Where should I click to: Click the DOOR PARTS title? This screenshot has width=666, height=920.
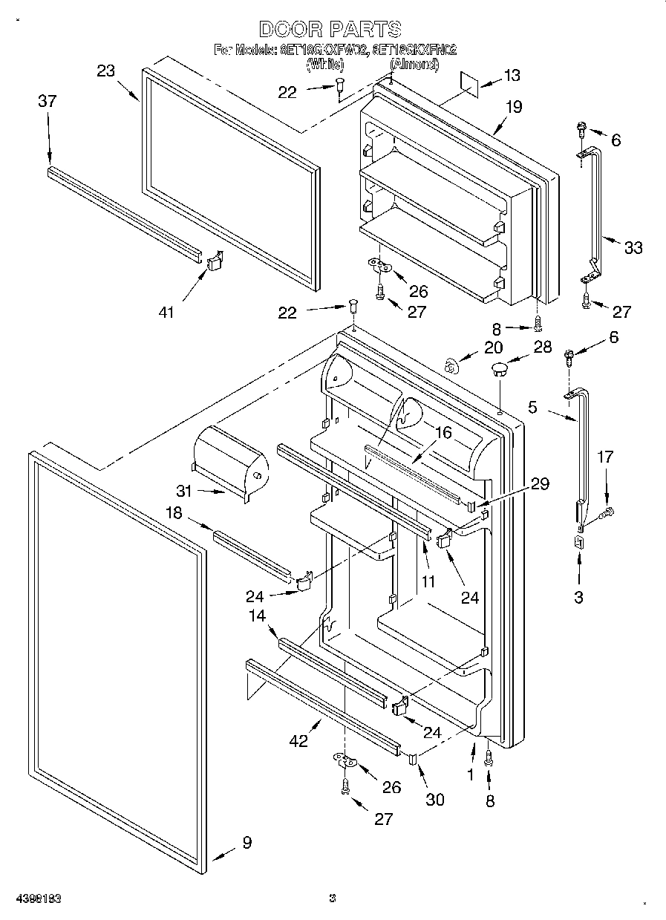point(330,29)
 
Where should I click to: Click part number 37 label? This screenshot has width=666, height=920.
point(47,102)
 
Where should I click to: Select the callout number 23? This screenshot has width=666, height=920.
point(106,71)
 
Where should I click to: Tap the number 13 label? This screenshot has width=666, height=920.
point(512,75)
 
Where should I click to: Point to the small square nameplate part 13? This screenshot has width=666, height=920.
point(469,81)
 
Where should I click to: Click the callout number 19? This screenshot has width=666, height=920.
point(514,107)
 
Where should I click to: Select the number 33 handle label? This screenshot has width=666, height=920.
point(633,248)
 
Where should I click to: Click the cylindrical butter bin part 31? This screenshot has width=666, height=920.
point(229,456)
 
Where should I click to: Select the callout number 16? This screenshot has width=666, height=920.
point(443,434)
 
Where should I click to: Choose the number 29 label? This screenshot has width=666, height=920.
point(540,483)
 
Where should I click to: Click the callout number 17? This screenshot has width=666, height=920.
point(606,457)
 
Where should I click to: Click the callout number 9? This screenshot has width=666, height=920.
point(247,842)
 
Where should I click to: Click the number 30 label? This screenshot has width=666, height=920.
point(434,799)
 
